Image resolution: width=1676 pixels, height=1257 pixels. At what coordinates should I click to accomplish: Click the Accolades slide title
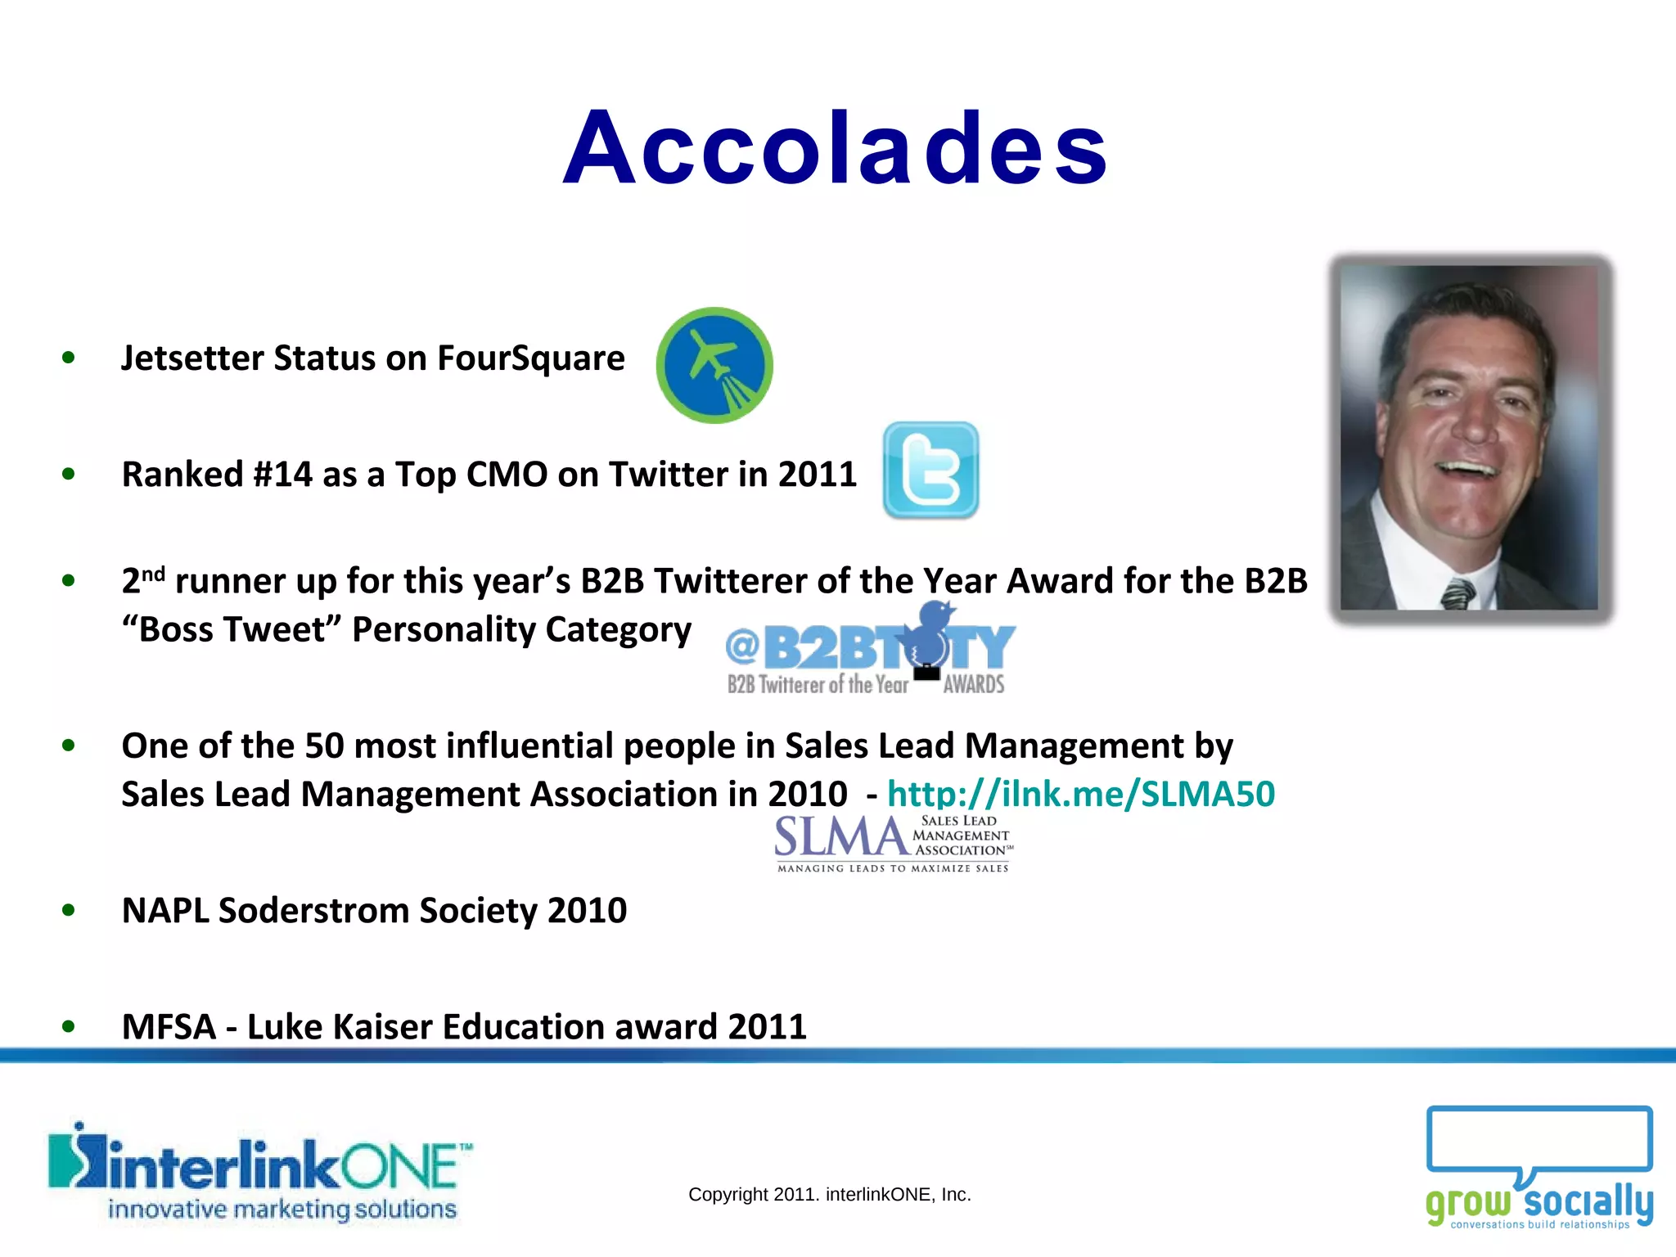(x=836, y=149)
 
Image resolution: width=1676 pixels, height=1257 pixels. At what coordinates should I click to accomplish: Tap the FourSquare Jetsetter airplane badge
(x=714, y=365)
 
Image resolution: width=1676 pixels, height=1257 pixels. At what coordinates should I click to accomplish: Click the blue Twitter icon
(x=930, y=470)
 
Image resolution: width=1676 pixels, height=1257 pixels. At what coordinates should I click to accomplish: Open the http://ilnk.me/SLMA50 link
(x=1080, y=794)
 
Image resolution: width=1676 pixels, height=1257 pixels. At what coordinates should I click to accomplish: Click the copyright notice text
(x=829, y=1195)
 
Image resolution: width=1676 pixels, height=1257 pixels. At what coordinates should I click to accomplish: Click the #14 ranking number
(x=283, y=475)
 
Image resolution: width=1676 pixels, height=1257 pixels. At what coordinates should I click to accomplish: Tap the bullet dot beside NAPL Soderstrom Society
(x=69, y=910)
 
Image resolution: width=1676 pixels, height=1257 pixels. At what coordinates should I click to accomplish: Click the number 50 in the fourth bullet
(x=324, y=746)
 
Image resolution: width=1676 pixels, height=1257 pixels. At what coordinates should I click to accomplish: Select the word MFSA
(x=169, y=1027)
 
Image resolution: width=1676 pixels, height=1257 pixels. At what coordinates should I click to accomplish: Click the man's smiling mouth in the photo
(x=1471, y=471)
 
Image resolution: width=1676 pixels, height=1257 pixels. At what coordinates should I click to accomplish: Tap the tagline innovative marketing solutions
(x=282, y=1210)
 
